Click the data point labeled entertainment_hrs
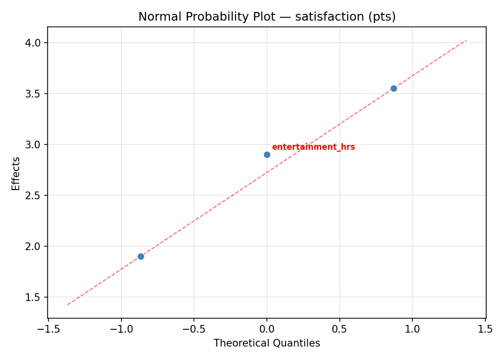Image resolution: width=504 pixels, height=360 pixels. point(267,155)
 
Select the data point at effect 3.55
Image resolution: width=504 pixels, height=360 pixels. point(394,88)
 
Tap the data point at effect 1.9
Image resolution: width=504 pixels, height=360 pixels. point(141,256)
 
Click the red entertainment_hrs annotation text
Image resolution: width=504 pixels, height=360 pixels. point(313,147)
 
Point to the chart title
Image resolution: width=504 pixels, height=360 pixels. point(267,17)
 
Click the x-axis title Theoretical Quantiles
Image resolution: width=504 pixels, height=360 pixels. point(267,343)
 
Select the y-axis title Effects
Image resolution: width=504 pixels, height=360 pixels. point(16,173)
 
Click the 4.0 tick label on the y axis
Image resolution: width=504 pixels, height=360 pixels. point(34,43)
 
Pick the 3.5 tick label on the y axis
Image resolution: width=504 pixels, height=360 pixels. point(34,94)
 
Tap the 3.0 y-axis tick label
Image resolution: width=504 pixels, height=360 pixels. point(34,144)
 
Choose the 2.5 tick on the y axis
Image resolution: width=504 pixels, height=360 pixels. point(34,195)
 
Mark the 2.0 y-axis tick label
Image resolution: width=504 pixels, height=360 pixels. point(34,246)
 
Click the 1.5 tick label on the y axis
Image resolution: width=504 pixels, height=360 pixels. point(34,297)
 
